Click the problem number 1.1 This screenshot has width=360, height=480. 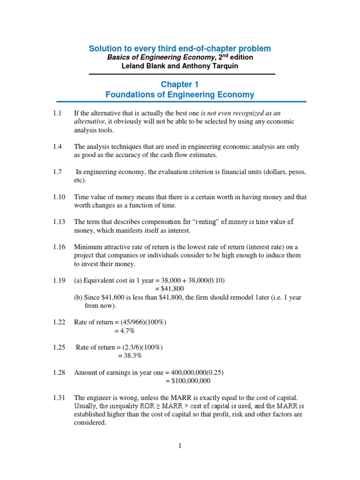57,113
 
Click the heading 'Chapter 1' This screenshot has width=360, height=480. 180,84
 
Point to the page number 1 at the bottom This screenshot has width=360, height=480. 180,446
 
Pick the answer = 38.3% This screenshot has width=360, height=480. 129,356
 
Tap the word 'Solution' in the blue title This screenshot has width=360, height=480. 105,49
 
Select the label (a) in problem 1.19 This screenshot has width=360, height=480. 78,280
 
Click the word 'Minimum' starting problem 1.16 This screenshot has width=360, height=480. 88,247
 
